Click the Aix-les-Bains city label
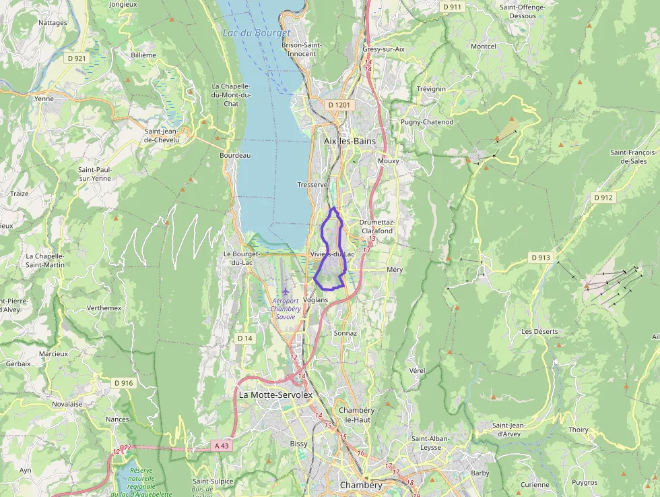[350, 141]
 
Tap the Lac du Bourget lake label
[256, 32]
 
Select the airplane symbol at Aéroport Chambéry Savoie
[286, 291]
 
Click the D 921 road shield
[77, 59]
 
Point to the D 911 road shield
[453, 7]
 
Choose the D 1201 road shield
[340, 105]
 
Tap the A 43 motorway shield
[222, 446]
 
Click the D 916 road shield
[123, 383]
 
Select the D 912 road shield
[603, 198]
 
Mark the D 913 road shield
[540, 258]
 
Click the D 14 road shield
[244, 337]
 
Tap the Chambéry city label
[361, 485]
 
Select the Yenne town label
[44, 98]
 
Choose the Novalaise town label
[67, 404]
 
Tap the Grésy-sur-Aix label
[383, 49]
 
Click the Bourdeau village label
[235, 155]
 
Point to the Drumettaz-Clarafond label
[377, 226]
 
